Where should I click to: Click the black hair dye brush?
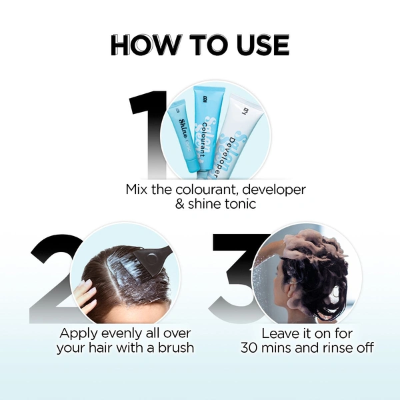coord(153,263)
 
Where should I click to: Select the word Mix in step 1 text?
coord(137,189)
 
